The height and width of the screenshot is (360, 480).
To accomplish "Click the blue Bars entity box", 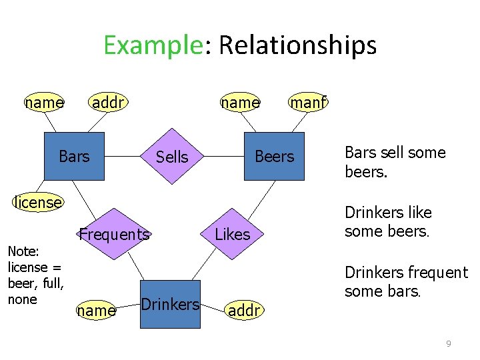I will pos(74,157).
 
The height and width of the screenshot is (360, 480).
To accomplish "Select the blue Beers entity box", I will pos(274,157).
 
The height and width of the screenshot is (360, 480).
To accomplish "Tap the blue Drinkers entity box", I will pos(170,305).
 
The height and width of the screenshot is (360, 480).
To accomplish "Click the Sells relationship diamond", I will pos(172,157).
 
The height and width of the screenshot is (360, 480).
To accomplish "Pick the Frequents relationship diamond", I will pos(114,234).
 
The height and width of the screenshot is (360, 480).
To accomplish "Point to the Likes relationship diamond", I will pos(233,234).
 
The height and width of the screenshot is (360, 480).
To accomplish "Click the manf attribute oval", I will pos(307,103).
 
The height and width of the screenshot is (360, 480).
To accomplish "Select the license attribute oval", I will pos(39,201).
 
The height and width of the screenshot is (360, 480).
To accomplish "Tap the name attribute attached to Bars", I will pos(44,103).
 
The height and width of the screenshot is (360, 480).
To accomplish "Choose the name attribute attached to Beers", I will pos(240,103).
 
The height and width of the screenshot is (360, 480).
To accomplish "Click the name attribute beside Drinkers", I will pos(96,310).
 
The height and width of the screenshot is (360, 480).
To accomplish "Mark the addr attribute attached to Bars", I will pos(109,103).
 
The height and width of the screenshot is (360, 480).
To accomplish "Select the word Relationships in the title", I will pos(297,45).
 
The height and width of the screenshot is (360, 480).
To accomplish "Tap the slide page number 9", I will pos(448,343).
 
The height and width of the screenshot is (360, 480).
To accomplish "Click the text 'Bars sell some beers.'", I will pos(395,161).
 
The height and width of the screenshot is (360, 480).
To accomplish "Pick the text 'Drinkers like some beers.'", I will pos(388,221).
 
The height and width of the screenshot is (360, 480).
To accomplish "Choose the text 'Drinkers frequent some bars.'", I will pos(405,281).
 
